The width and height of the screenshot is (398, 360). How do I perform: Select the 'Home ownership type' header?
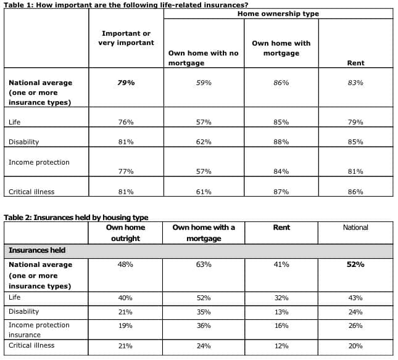(x=278, y=13)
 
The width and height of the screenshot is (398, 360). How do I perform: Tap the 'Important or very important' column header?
(x=126, y=38)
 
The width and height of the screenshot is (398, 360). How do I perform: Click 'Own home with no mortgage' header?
(x=203, y=58)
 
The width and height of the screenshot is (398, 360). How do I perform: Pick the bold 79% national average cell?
(x=126, y=83)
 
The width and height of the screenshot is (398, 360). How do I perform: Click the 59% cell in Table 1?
(x=204, y=83)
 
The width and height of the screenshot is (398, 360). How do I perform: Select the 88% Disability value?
(x=281, y=142)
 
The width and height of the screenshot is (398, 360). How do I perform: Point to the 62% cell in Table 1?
(x=204, y=142)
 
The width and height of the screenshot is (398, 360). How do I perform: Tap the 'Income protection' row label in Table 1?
(x=39, y=162)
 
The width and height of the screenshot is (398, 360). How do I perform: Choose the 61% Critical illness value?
(x=204, y=192)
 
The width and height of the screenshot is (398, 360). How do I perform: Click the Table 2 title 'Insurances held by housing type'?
(x=76, y=218)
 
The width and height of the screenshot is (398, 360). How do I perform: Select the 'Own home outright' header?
(x=125, y=233)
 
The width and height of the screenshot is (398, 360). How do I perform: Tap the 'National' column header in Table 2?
(x=355, y=227)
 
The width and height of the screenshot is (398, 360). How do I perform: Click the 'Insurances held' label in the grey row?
(x=37, y=250)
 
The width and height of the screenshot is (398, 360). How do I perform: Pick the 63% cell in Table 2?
(x=204, y=264)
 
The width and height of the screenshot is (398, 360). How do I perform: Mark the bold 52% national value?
(x=355, y=264)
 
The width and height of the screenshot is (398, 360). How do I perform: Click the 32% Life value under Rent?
(x=281, y=298)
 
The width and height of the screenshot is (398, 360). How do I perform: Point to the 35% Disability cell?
(x=204, y=312)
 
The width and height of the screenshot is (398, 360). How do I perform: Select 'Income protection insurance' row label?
(x=39, y=329)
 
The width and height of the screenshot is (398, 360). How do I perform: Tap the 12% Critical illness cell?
(x=281, y=346)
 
